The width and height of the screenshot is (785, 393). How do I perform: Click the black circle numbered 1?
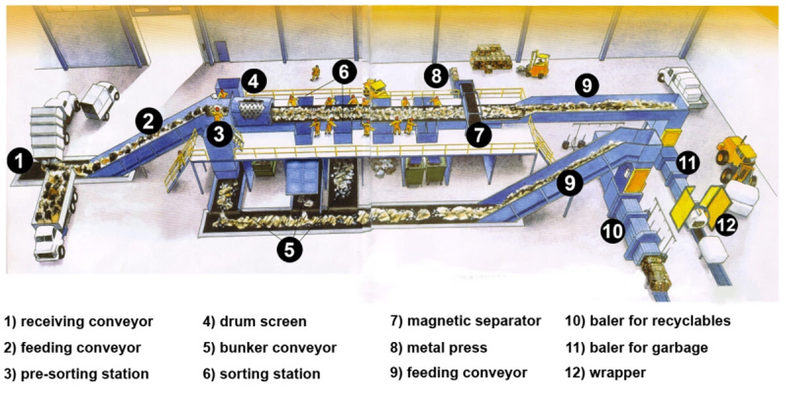click(20, 161)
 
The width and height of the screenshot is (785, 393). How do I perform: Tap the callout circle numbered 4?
click(253, 81)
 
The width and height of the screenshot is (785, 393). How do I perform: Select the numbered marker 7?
click(479, 134)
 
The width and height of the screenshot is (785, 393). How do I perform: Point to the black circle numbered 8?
click(436, 76)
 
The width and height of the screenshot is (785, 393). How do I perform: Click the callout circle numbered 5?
click(289, 249)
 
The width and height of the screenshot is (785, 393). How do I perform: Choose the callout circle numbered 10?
click(613, 231)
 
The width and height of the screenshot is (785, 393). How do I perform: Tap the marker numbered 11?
click(688, 162)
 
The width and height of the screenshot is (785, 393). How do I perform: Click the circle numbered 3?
click(219, 134)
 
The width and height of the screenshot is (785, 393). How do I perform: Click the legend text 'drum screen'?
click(263, 322)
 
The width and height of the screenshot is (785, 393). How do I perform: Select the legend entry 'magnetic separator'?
click(474, 321)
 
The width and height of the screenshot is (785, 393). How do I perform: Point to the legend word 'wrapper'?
click(618, 373)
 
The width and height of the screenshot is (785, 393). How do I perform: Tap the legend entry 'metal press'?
click(447, 347)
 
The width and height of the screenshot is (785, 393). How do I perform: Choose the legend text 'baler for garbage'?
click(649, 348)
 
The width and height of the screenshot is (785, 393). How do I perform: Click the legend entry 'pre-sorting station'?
click(85, 374)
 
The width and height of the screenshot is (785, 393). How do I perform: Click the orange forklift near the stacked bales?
click(533, 65)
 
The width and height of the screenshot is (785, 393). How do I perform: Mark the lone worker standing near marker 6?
click(315, 73)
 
